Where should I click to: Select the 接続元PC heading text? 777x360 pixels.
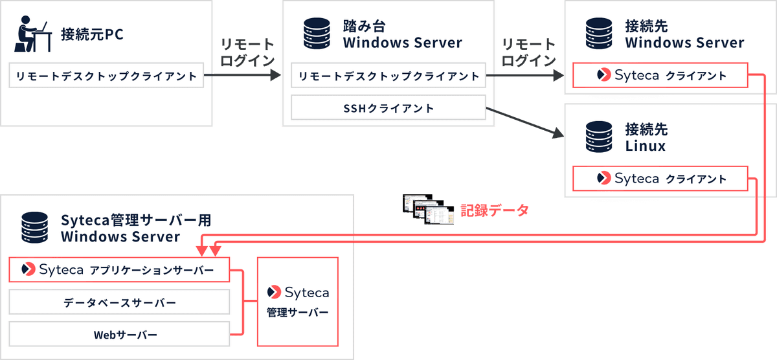pyautogui.click(x=91, y=34)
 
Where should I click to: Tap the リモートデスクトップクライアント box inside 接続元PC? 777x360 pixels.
pyautogui.click(x=106, y=76)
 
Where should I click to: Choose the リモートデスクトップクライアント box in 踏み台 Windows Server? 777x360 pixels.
pyautogui.click(x=388, y=76)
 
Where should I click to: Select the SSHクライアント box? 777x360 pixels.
pyautogui.click(x=388, y=108)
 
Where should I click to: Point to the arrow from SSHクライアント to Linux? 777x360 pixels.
pyautogui.click(x=524, y=123)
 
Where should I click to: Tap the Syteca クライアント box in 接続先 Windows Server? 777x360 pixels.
pyautogui.click(x=660, y=76)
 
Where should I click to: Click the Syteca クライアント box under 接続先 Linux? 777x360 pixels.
pyautogui.click(x=660, y=178)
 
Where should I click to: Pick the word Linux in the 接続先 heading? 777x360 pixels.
pyautogui.click(x=645, y=146)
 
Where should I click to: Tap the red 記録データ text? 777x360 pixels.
pyautogui.click(x=494, y=210)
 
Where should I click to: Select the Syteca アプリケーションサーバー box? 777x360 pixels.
pyautogui.click(x=119, y=269)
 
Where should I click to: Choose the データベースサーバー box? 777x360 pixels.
pyautogui.click(x=119, y=302)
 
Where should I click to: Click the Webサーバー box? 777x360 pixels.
pyautogui.click(x=119, y=335)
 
